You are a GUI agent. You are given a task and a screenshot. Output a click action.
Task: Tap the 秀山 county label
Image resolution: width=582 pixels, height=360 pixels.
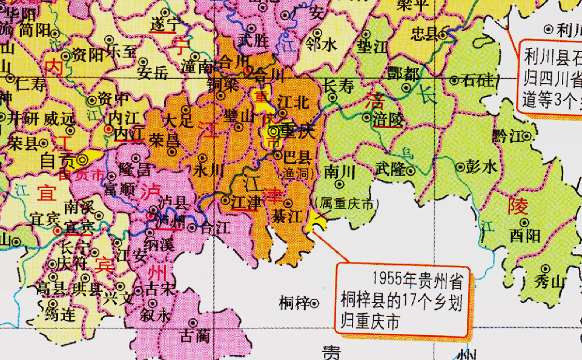tap(534, 280)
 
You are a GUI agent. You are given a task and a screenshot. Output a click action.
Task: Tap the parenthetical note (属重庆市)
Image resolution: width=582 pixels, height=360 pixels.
tap(343, 204)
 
